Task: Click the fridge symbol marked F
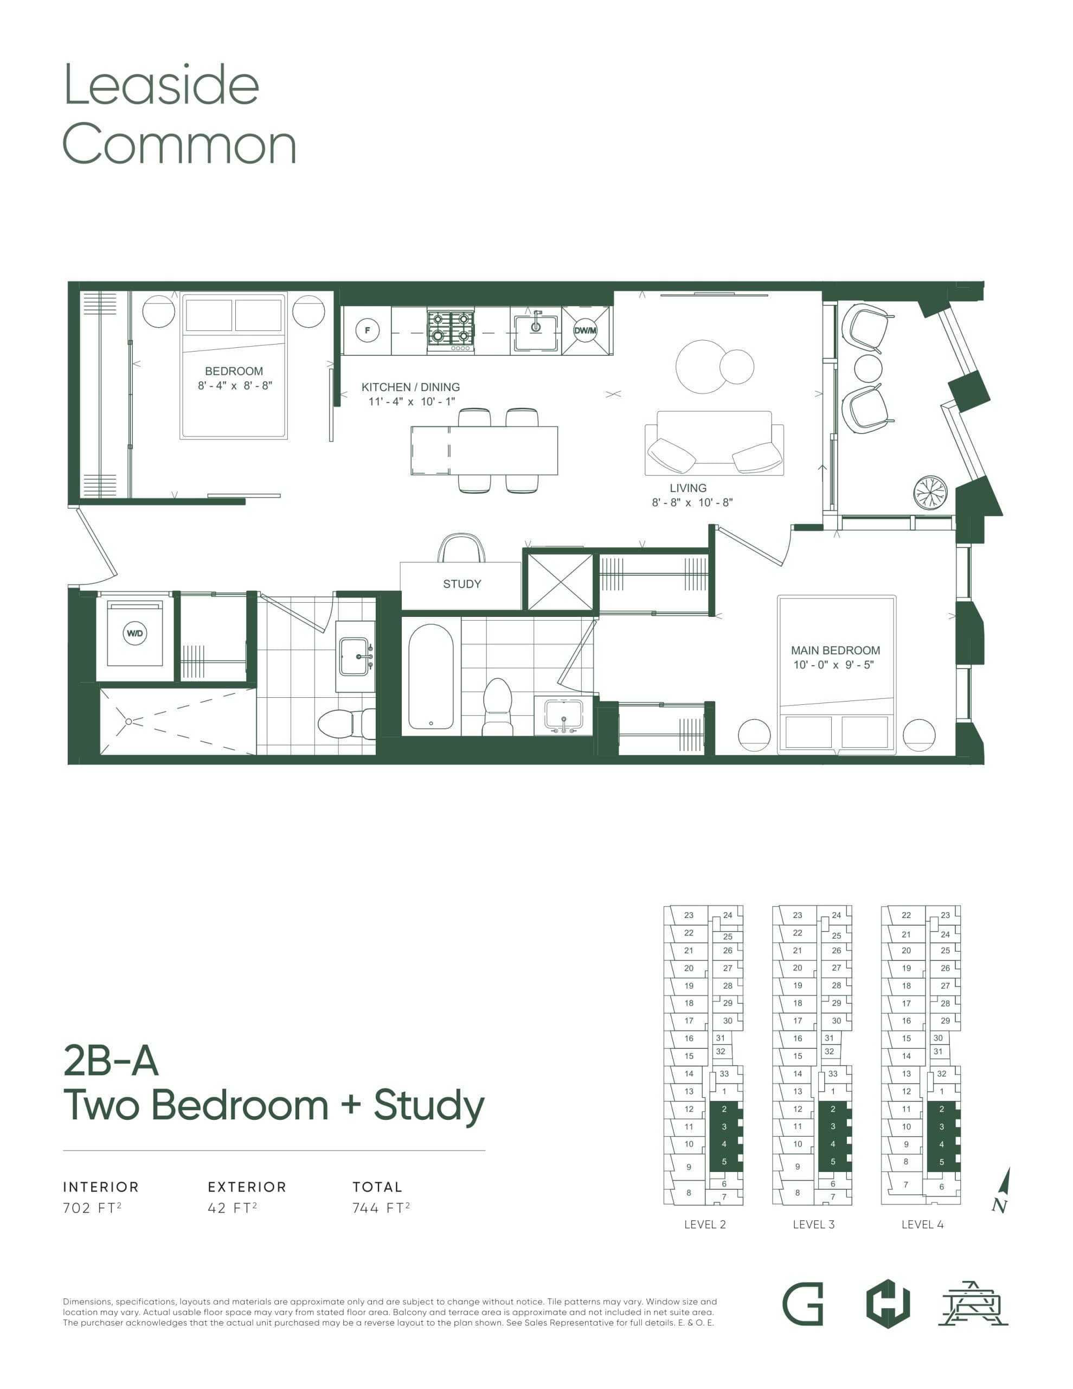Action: (367, 330)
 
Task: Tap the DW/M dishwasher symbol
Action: (585, 330)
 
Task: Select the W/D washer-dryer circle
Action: (135, 633)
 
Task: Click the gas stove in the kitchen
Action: (451, 329)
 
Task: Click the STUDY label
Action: (461, 584)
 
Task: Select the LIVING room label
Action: (688, 488)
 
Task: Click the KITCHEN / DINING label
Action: (410, 387)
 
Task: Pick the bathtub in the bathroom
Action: (431, 676)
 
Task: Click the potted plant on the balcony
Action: (930, 492)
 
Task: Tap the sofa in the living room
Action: (714, 443)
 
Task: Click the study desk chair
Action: (461, 548)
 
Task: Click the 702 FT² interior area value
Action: (92, 1208)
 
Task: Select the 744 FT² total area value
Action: (381, 1208)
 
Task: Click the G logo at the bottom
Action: (802, 1304)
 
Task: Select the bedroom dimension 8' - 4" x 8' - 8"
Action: (235, 385)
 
